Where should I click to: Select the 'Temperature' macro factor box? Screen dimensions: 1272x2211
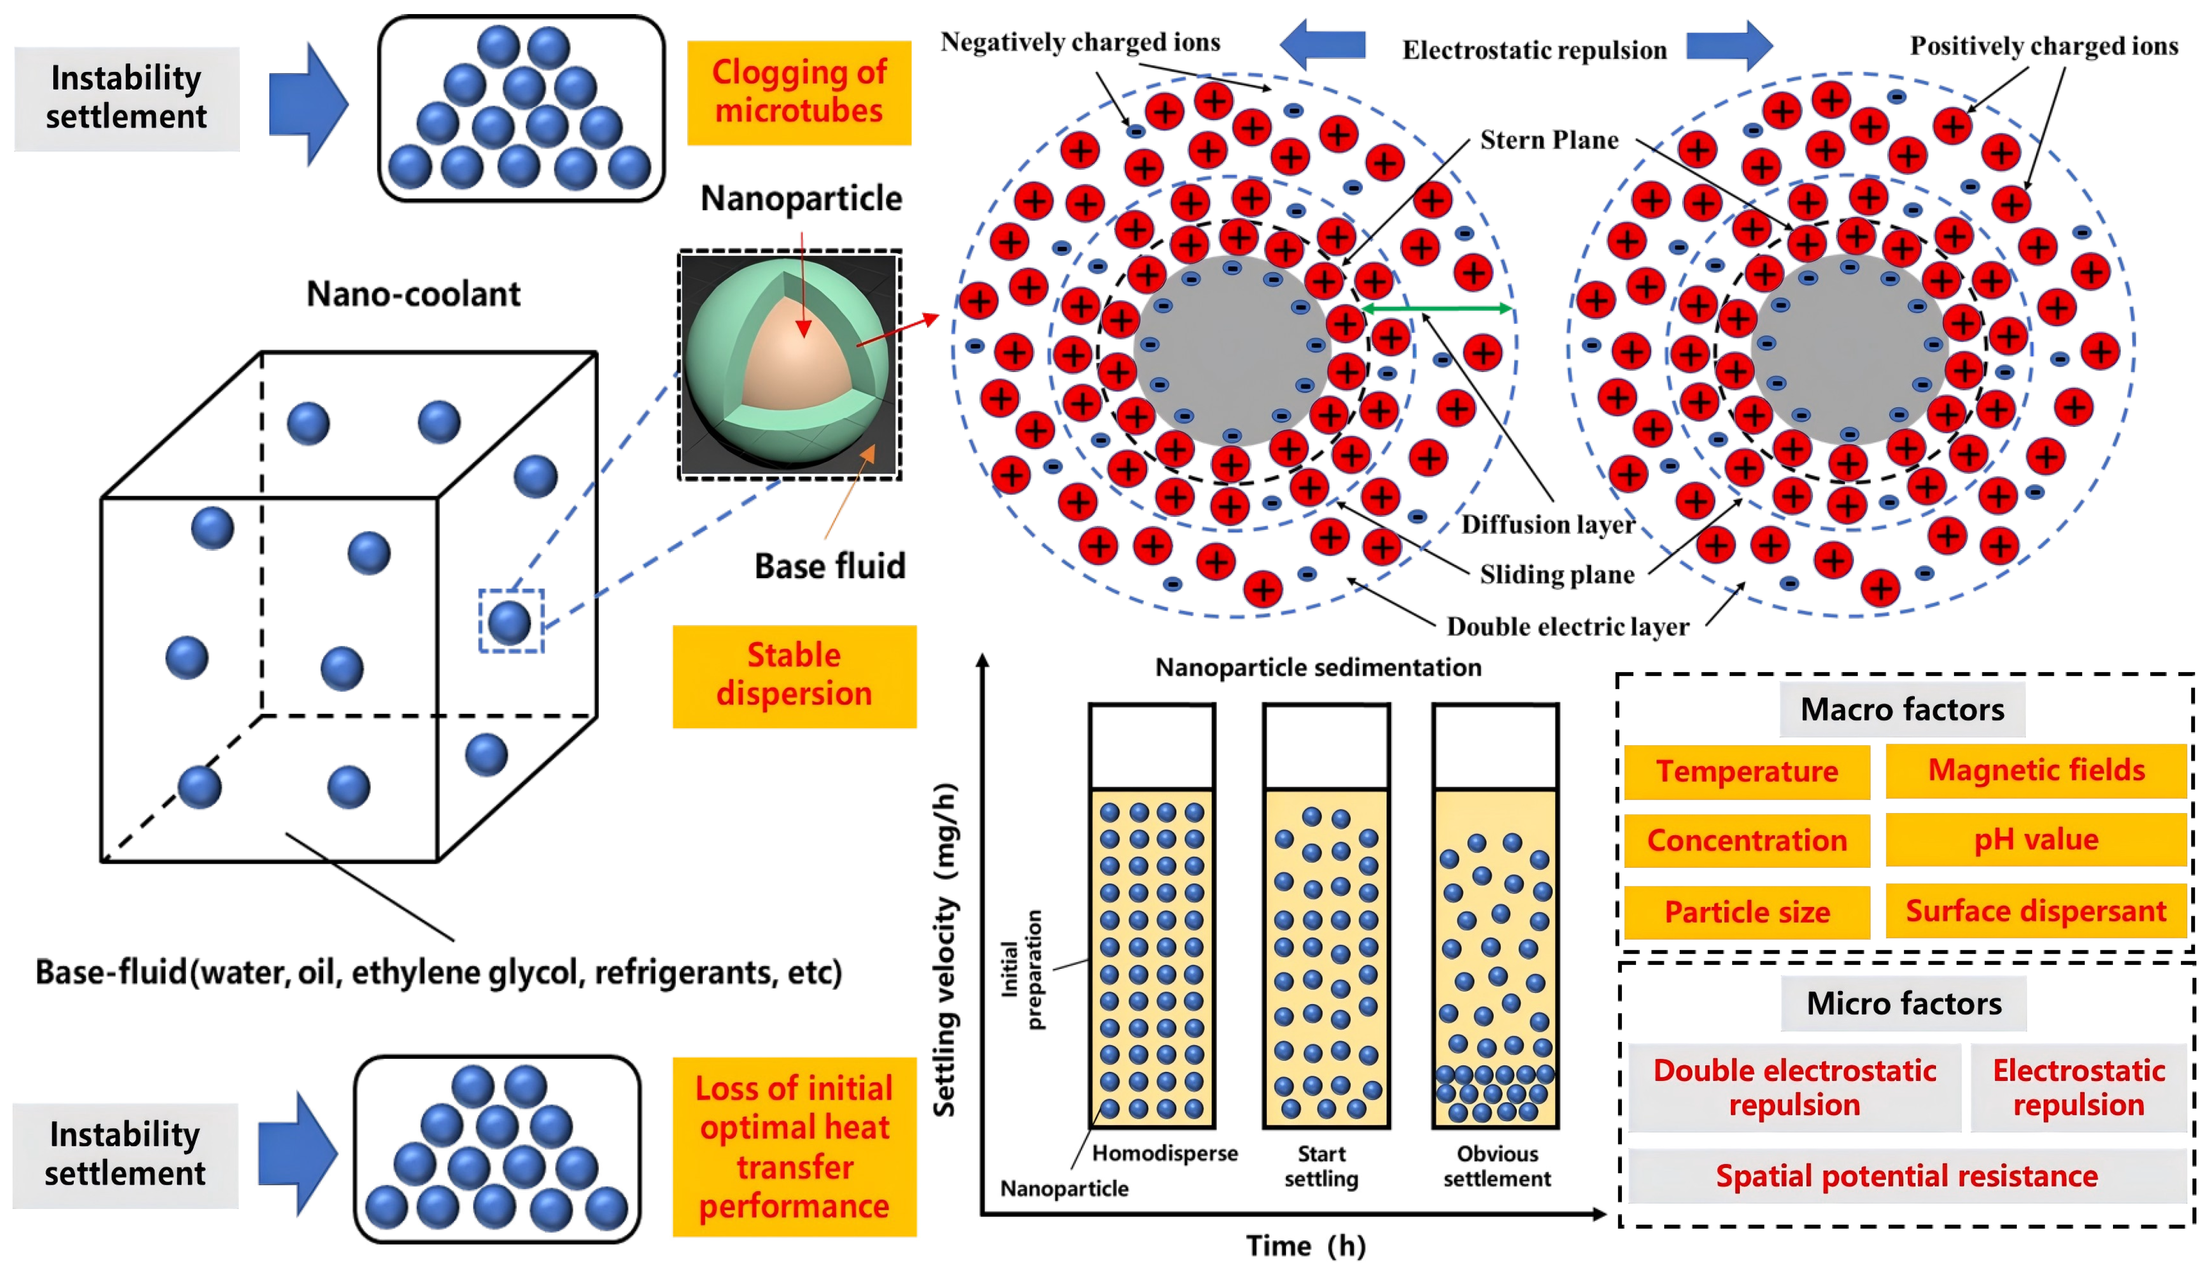(1746, 771)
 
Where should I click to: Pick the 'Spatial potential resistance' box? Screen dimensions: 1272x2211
(1906, 1176)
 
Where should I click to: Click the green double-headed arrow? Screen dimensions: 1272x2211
(1436, 308)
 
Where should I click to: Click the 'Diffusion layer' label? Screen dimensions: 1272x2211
(1547, 524)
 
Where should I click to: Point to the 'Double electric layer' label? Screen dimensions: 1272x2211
(1567, 626)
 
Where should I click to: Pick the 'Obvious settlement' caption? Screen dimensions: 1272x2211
(1497, 1166)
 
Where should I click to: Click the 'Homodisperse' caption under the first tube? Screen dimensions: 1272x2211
(1164, 1153)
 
